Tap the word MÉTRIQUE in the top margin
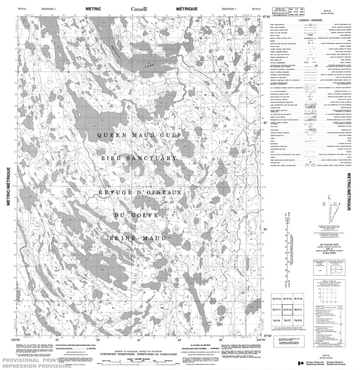pyautogui.click(x=186, y=9)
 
